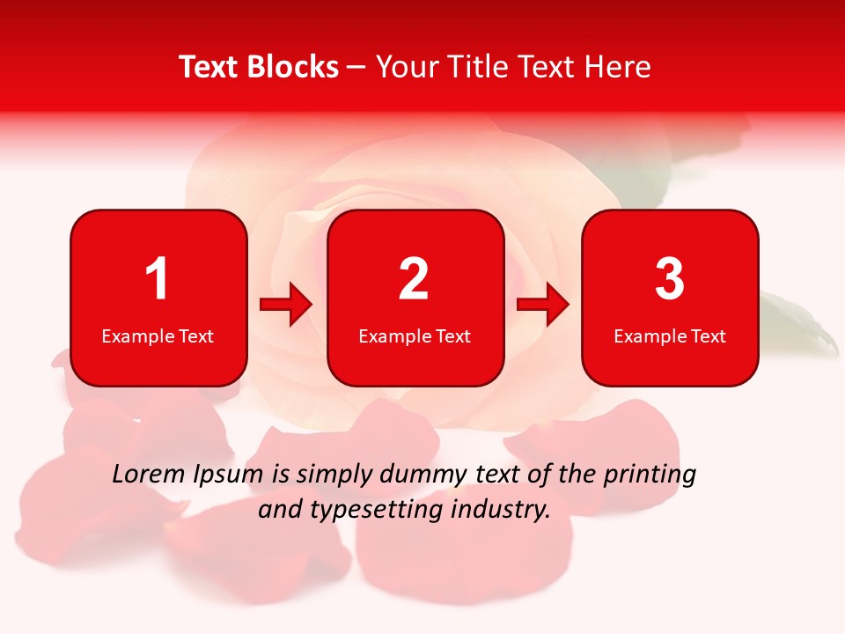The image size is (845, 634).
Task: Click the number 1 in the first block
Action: (x=158, y=279)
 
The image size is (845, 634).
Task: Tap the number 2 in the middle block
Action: (x=414, y=279)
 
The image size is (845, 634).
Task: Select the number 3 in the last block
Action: (x=670, y=279)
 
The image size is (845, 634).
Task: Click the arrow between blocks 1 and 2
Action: (x=286, y=305)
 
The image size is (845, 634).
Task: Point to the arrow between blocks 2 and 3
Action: (x=543, y=305)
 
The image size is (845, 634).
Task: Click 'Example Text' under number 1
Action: (x=158, y=336)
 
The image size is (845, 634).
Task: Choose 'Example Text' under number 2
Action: (x=415, y=336)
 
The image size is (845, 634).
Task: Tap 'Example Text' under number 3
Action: (x=670, y=336)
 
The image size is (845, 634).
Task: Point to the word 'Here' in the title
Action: (x=616, y=67)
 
